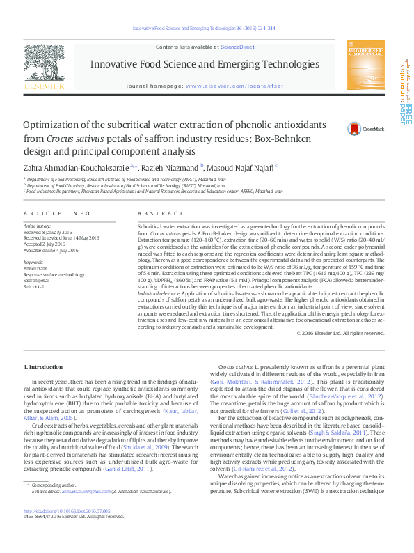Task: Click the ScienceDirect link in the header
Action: (x=237, y=47)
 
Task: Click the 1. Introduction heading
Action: (x=43, y=366)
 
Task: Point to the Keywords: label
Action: (x=33, y=262)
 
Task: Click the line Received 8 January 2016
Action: (x=48, y=232)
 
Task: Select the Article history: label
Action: (x=38, y=226)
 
